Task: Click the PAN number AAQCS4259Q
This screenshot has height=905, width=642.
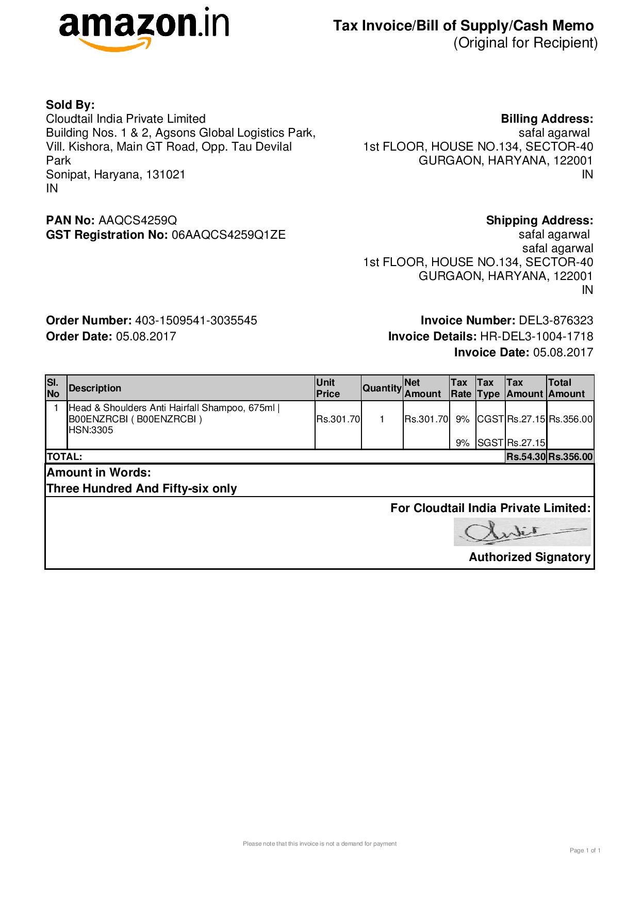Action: pos(138,221)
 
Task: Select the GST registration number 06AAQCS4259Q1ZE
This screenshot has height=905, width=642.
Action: pos(228,235)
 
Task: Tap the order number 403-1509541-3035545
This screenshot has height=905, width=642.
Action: pos(196,321)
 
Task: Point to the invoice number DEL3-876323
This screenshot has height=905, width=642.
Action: pos(556,321)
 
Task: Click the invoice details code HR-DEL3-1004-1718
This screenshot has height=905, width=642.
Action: pos(536,337)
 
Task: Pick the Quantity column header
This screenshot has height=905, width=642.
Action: pos(382,388)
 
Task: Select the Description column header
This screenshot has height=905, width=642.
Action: pos(95,388)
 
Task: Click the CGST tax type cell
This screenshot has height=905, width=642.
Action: pos(490,419)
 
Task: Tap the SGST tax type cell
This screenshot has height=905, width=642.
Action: pos(490,442)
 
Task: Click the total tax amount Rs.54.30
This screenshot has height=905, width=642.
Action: pos(525,457)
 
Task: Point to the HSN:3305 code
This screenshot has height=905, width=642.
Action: pos(91,430)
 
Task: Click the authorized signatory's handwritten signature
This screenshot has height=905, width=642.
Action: pos(522,532)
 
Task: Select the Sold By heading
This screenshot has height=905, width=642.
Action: pos(70,105)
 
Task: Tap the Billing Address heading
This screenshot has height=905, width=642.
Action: pos(547,119)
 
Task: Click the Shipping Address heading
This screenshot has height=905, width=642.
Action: pos(539,221)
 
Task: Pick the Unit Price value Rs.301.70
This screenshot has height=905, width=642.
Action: pos(338,419)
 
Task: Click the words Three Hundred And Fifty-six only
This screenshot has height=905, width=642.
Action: pos(142,489)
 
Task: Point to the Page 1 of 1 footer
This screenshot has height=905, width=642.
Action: pos(585,850)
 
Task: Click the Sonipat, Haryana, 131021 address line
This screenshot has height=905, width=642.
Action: pos(116,175)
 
